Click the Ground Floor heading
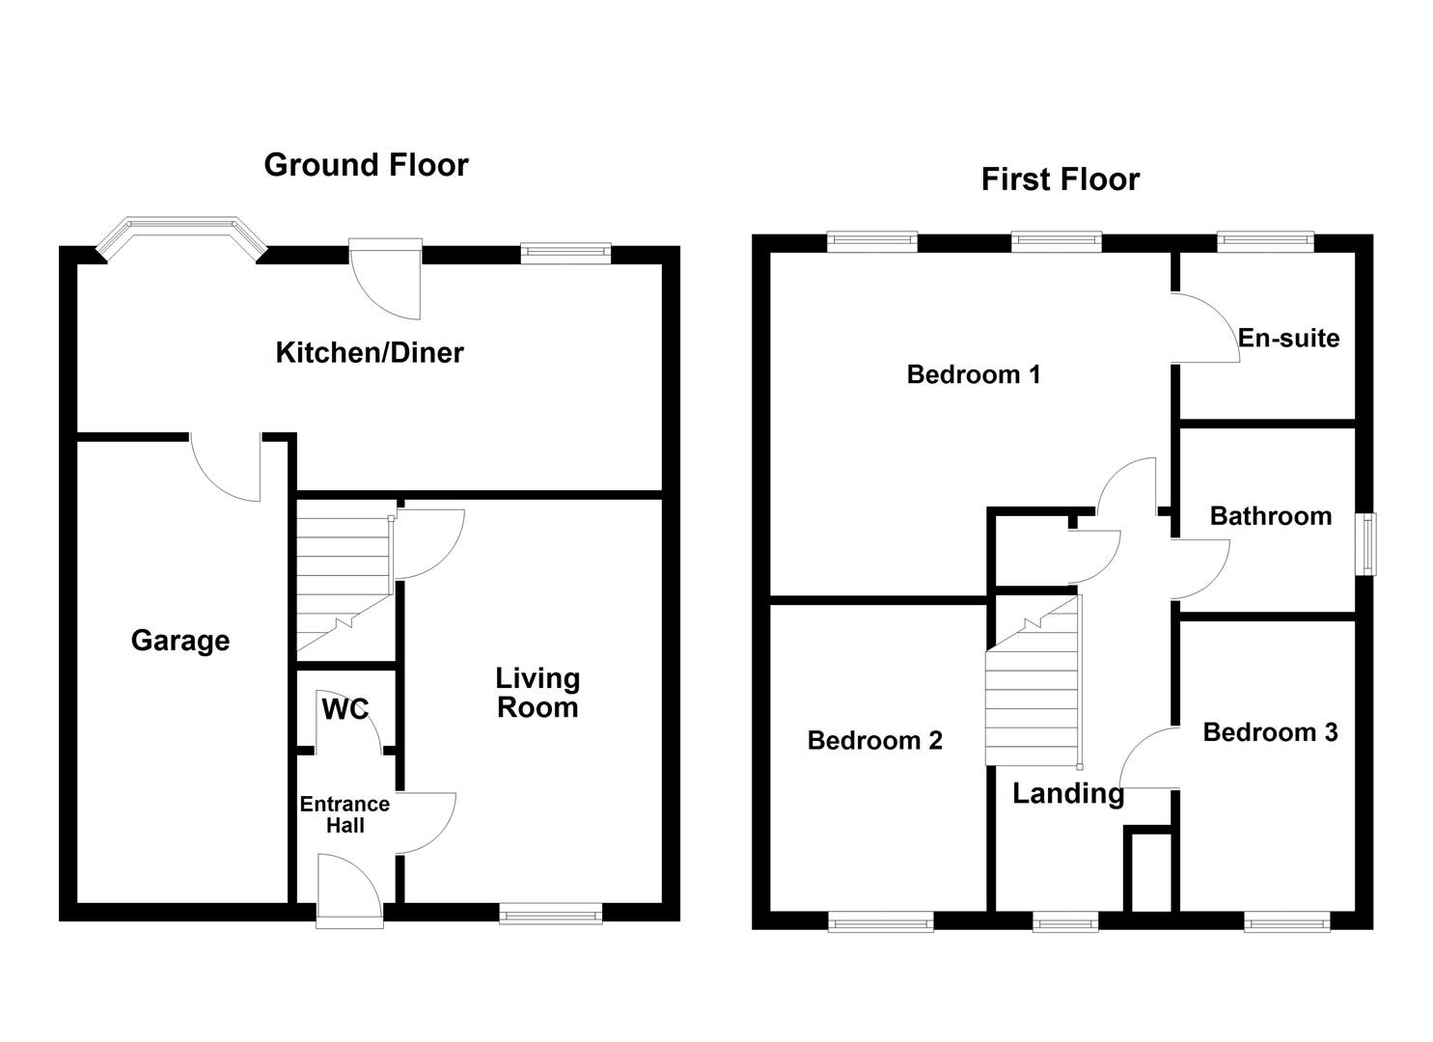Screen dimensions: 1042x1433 pyautogui.click(x=366, y=165)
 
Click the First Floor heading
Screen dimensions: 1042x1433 pyautogui.click(x=1060, y=179)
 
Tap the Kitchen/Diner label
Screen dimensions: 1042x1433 pyautogui.click(x=370, y=353)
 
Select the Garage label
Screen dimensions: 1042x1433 pyautogui.click(x=180, y=641)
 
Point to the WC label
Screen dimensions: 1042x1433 pyautogui.click(x=344, y=710)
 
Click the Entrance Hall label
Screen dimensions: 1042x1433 pyautogui.click(x=344, y=814)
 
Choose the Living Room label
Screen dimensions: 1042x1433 pyautogui.click(x=537, y=693)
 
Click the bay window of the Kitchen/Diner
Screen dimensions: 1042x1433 pyautogui.click(x=181, y=236)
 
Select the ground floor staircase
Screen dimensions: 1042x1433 pyautogui.click(x=343, y=584)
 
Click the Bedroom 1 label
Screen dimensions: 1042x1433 pyautogui.click(x=974, y=374)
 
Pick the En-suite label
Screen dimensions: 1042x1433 pyautogui.click(x=1288, y=339)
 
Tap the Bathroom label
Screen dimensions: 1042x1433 pyautogui.click(x=1270, y=516)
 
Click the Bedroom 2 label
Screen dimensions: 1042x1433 pyautogui.click(x=874, y=741)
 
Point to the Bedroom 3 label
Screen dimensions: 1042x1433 pyautogui.click(x=1270, y=732)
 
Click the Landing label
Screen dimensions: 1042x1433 pyautogui.click(x=1067, y=794)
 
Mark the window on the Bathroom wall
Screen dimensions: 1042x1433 pyautogui.click(x=1368, y=545)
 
